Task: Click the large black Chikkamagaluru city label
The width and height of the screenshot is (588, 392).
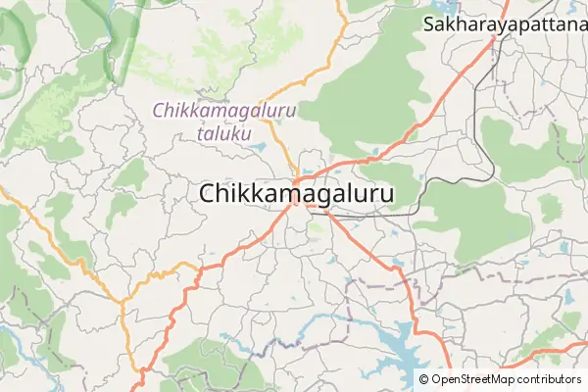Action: point(296,195)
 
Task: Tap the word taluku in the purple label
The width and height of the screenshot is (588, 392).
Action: point(224,133)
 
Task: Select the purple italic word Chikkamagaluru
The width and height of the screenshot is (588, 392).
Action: point(224,112)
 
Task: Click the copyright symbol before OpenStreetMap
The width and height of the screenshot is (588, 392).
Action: point(424,379)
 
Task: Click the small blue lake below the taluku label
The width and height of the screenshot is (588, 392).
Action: point(258,148)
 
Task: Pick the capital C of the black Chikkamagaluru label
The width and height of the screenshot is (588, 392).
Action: point(209,195)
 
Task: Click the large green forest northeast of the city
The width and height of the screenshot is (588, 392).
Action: point(363,98)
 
